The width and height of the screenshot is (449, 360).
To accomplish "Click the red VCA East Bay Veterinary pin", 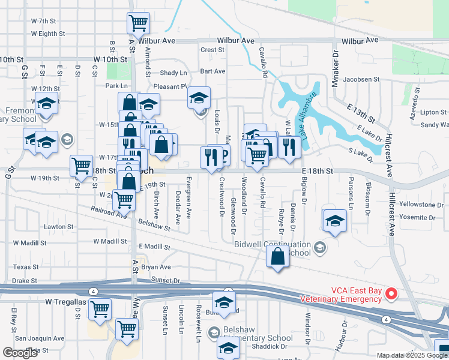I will point(391,293).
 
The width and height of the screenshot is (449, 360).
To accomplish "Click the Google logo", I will point(20,353).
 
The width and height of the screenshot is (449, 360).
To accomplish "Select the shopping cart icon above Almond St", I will point(138,24).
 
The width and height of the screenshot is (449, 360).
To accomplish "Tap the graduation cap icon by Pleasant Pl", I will point(199,97).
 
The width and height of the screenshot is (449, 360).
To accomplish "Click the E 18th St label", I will point(317,171).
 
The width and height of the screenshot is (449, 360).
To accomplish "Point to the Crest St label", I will point(212,50).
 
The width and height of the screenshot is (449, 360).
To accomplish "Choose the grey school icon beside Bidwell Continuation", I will point(320,246).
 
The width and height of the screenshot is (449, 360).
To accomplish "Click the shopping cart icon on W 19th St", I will point(81,166).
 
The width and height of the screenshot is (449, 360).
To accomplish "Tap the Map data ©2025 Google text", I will point(411,355).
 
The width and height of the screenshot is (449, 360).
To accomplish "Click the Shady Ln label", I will point(173,73).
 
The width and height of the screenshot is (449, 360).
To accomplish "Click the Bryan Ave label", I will point(156,267).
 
